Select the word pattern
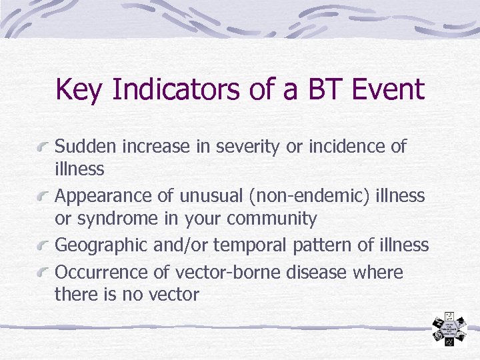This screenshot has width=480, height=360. click(323, 245)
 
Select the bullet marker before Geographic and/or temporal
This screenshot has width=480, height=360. click(44, 247)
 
